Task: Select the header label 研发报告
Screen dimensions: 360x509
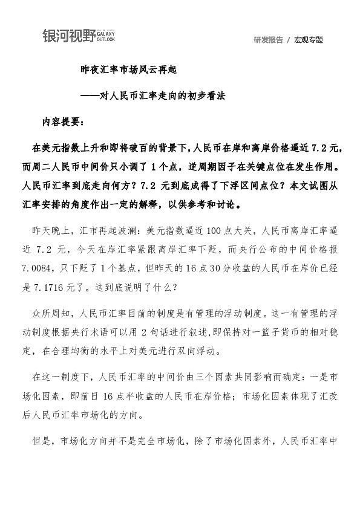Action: (x=268, y=40)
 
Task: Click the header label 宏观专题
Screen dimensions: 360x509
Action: (x=309, y=40)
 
